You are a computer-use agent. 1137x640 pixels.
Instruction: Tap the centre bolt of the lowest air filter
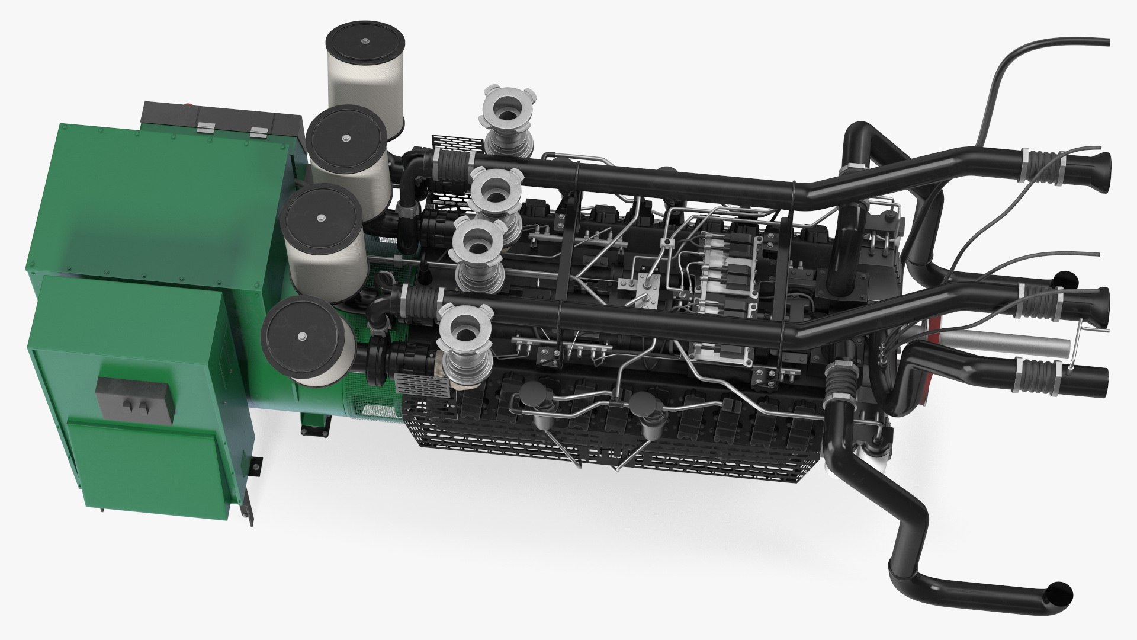303,337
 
